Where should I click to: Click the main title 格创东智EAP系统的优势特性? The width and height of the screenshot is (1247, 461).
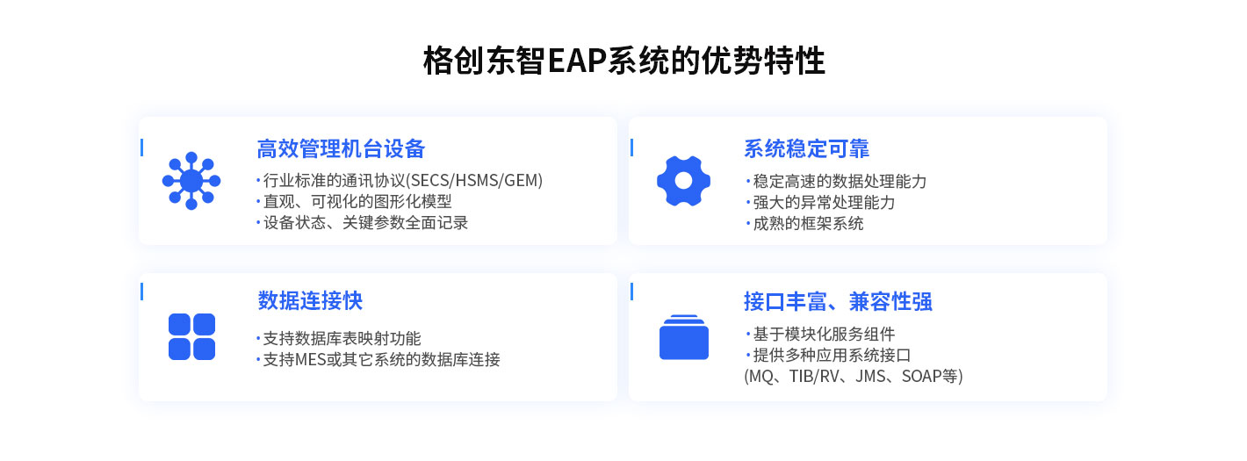coord(623,60)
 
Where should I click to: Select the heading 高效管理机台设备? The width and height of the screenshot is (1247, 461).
coord(341,148)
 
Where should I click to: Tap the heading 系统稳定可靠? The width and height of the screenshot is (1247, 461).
coord(806,148)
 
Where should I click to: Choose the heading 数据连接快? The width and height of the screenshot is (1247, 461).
coord(309,300)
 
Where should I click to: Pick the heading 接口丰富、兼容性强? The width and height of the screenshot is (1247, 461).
coord(838,301)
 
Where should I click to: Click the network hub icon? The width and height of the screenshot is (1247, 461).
coord(191,181)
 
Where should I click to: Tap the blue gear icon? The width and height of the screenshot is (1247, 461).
coord(683,181)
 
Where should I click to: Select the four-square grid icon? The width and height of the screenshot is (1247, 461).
coord(191,337)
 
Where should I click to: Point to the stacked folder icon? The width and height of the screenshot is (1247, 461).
coord(683,337)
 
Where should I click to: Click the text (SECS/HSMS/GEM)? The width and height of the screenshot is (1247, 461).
coord(474,180)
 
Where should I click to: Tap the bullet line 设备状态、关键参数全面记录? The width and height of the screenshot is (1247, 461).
coord(365,223)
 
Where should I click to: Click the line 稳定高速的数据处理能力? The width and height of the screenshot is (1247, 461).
coord(840,182)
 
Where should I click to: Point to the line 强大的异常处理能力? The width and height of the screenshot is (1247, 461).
coord(824,203)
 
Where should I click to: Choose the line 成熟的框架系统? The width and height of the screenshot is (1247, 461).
coord(808,224)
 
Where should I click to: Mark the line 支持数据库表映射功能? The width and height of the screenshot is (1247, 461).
coord(342,339)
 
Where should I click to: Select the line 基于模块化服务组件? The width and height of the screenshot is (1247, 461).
coord(824,334)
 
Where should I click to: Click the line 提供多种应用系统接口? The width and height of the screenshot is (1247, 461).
coord(832,356)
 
